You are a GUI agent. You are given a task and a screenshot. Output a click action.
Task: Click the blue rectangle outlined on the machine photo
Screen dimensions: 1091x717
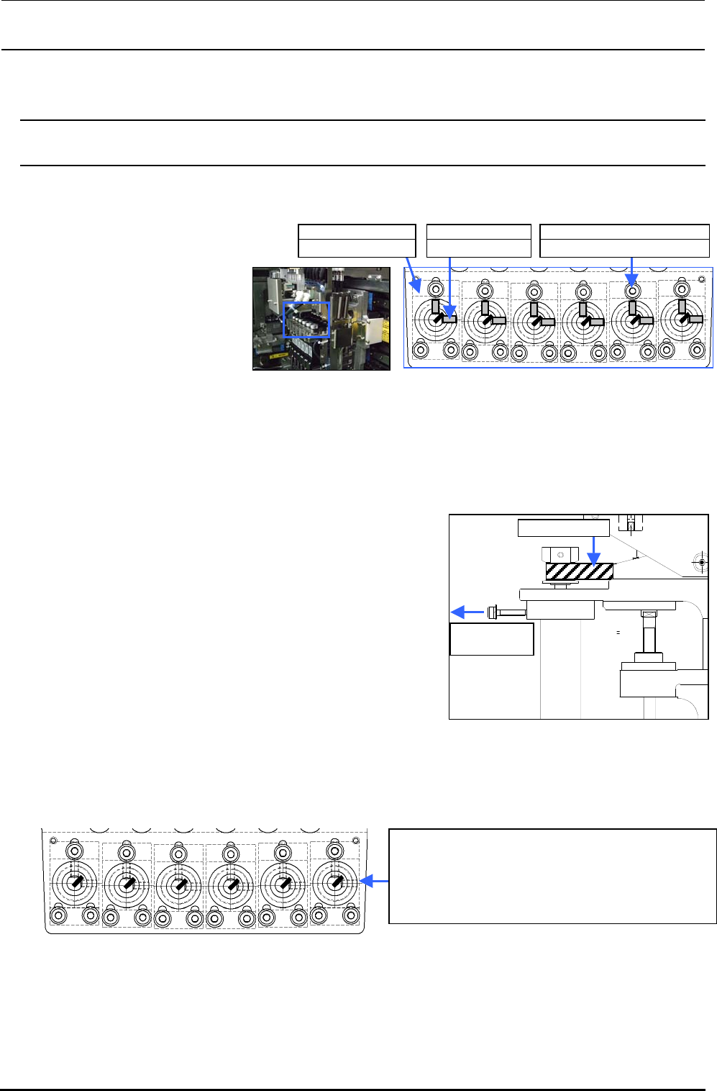pos(307,320)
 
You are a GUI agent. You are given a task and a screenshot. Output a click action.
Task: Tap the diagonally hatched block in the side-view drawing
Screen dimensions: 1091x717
pos(580,572)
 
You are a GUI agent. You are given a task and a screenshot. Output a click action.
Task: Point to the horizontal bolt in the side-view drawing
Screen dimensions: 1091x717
pos(506,613)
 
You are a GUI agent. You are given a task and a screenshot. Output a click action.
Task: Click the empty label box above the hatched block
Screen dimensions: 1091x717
pos(563,528)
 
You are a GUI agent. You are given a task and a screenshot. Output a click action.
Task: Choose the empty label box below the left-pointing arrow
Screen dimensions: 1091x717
pos(492,639)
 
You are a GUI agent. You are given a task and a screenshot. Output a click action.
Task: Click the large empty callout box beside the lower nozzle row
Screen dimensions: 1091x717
pos(552,876)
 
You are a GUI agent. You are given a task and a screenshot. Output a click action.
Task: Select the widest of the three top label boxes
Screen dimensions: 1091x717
pos(624,240)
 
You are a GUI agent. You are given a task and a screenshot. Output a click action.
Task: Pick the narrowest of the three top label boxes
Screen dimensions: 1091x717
pos(478,240)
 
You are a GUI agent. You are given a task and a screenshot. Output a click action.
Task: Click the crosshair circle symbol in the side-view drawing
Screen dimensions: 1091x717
pos(702,561)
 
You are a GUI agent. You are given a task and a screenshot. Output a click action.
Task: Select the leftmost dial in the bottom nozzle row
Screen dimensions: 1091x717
pos(74,883)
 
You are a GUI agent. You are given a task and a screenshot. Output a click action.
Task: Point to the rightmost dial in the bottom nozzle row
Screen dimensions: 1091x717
pos(334,883)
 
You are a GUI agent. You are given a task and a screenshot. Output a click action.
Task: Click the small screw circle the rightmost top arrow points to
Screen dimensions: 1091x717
pos(632,291)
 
